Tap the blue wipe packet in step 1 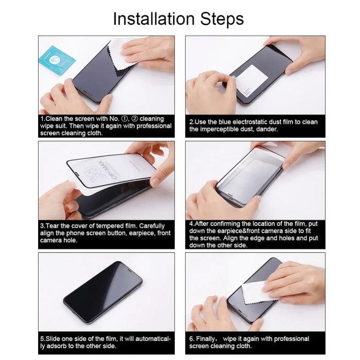tap(56, 58)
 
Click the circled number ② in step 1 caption tap(132, 119)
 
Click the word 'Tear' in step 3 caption tap(55, 226)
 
